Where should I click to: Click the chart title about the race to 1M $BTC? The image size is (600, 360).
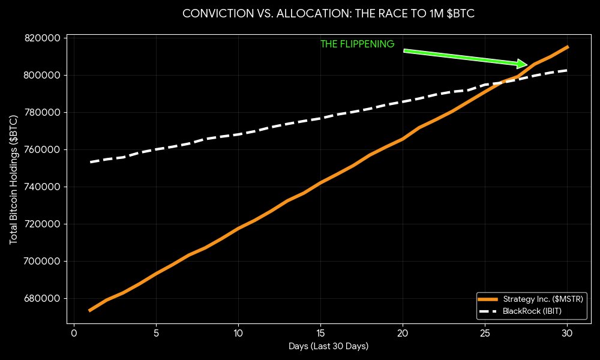click(328, 14)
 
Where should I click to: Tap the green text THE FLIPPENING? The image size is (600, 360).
click(357, 44)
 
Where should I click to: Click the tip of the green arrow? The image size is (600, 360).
click(527, 64)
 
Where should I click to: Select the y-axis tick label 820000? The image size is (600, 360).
click(44, 38)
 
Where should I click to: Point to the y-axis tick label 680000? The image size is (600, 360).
click(44, 299)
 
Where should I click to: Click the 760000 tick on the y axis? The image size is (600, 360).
click(44, 150)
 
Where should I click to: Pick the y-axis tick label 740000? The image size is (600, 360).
click(44, 187)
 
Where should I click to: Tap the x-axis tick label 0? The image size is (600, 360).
click(74, 332)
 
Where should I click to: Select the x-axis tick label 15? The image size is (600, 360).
click(320, 332)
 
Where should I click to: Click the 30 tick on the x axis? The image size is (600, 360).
click(567, 332)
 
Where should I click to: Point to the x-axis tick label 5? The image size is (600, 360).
click(156, 332)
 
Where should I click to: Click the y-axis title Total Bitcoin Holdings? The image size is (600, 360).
click(14, 179)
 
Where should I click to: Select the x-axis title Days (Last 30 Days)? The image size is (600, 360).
click(328, 346)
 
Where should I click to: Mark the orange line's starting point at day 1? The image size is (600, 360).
click(90, 310)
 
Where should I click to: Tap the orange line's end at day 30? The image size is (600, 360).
click(567, 47)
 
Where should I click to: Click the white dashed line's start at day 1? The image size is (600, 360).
click(90, 162)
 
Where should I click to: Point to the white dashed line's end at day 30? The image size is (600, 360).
click(567, 70)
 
